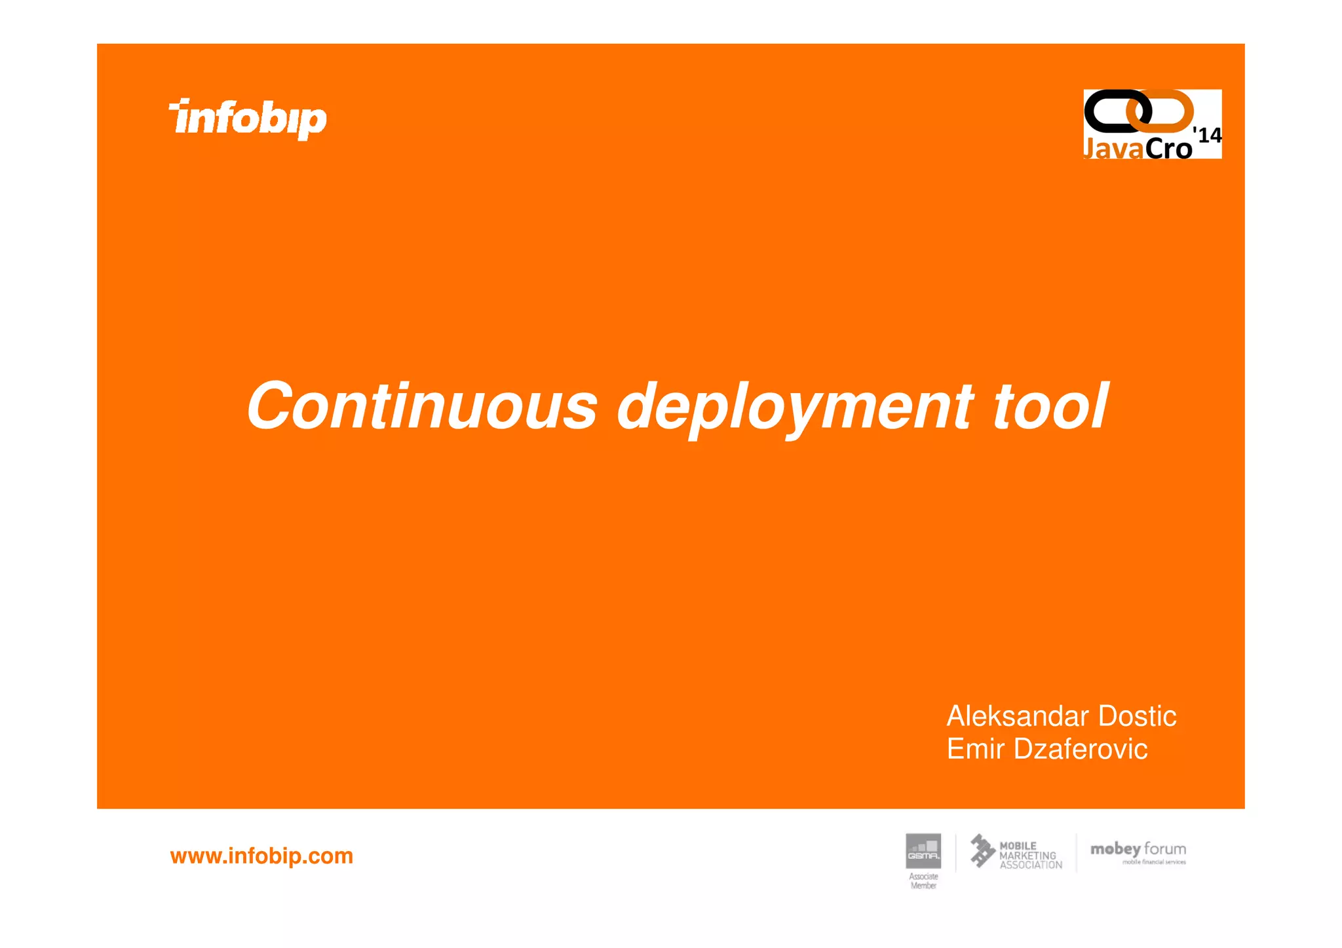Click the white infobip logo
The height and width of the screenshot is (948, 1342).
(248, 119)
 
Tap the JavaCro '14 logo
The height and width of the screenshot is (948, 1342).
(1152, 124)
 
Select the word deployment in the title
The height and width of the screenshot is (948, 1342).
(795, 408)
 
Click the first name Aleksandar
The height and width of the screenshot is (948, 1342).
(1018, 716)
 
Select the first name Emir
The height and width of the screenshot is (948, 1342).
(975, 749)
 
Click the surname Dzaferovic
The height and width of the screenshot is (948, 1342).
(1081, 749)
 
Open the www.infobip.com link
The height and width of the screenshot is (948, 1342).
(261, 856)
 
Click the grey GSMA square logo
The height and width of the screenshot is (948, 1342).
(923, 851)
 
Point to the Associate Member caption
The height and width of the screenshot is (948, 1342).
(923, 881)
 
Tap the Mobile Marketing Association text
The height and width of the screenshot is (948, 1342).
(1030, 856)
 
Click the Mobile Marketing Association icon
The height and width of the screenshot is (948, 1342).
(982, 850)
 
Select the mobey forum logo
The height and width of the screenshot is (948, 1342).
(1138, 850)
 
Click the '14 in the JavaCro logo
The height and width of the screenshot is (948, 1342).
(1208, 135)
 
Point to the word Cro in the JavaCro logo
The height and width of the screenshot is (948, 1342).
(1168, 149)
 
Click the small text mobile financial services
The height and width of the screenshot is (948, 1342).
(1154, 862)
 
